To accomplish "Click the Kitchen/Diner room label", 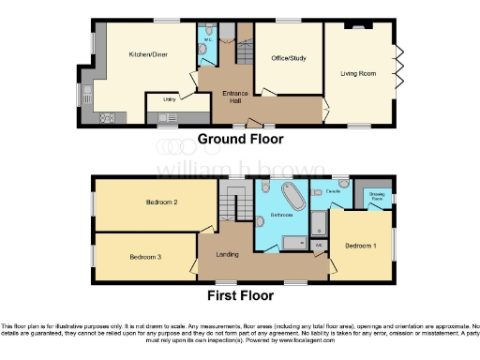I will tap(147, 54).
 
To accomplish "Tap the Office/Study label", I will tap(288, 57).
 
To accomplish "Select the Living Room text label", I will tap(358, 72).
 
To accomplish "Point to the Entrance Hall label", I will tap(233, 97).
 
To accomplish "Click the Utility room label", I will tap(170, 98).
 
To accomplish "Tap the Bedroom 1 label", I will tap(360, 246).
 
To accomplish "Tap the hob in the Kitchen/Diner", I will tap(106, 118).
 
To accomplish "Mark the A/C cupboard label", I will tap(319, 245).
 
